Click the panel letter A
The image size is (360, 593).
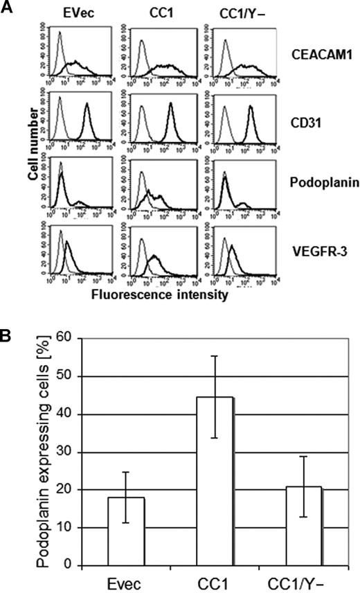pyautogui.click(x=7, y=8)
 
